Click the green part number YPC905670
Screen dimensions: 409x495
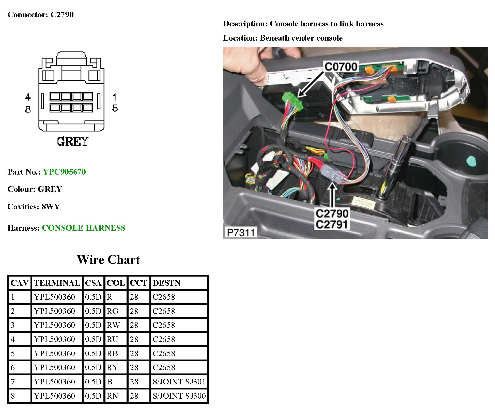pyautogui.click(x=64, y=172)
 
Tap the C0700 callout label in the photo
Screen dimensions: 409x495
pyautogui.click(x=341, y=67)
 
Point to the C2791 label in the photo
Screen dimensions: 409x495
pyautogui.click(x=332, y=225)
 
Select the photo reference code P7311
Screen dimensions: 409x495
pyautogui.click(x=240, y=232)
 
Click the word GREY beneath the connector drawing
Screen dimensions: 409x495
pyautogui.click(x=72, y=142)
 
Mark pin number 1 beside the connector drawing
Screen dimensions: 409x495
pyautogui.click(x=115, y=97)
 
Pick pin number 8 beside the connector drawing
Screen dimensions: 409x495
pyautogui.click(x=28, y=109)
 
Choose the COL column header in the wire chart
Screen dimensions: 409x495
pyautogui.click(x=116, y=283)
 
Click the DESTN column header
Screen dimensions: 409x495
pyautogui.click(x=166, y=283)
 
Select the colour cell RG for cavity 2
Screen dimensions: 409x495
pyautogui.click(x=113, y=311)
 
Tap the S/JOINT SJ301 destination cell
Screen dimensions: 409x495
pyautogui.click(x=179, y=382)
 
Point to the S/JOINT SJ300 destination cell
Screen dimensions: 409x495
pyautogui.click(x=179, y=396)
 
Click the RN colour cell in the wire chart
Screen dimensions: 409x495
pyautogui.click(x=113, y=396)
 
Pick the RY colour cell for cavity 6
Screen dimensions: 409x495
pyautogui.click(x=112, y=367)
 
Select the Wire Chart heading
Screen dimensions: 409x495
pyautogui.click(x=108, y=260)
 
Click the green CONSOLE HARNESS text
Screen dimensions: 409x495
pyautogui.click(x=84, y=228)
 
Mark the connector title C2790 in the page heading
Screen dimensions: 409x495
pyautogui.click(x=62, y=14)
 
